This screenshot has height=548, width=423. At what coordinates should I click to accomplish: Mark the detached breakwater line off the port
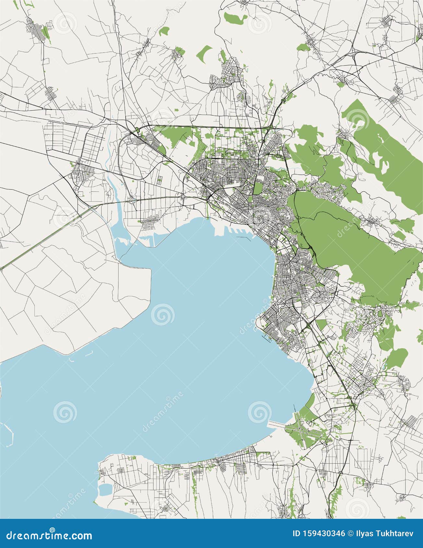[245, 238]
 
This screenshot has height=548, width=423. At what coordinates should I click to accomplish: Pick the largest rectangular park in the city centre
[257, 188]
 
